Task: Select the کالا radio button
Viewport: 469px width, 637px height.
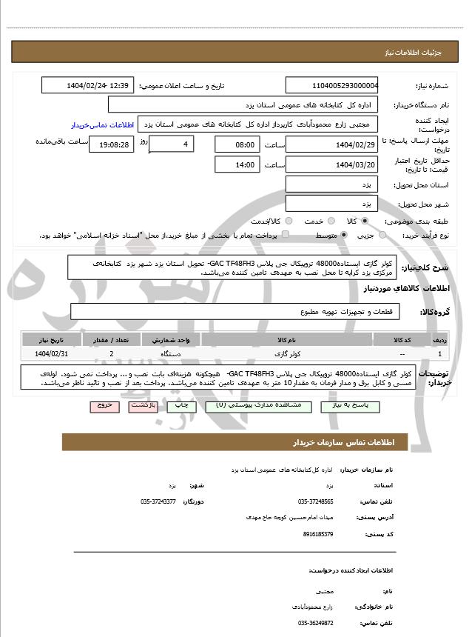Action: pyautogui.click(x=364, y=221)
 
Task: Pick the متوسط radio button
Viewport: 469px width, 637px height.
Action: pyautogui.click(x=344, y=235)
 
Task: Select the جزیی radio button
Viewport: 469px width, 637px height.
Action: pyautogui.click(x=382, y=235)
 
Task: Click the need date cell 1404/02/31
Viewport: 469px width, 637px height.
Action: pyautogui.click(x=51, y=355)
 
